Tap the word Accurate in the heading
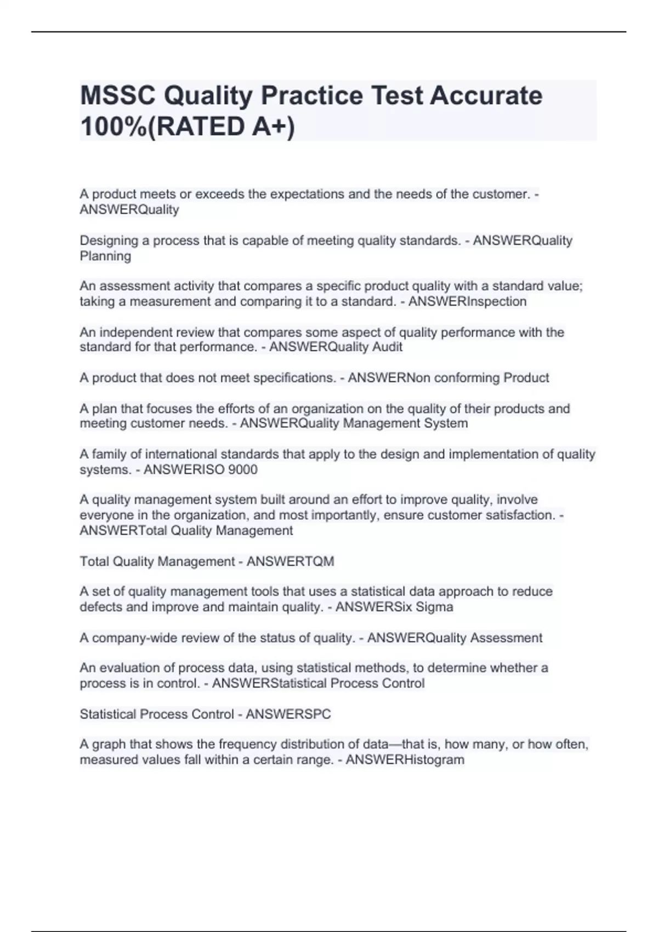click(x=486, y=96)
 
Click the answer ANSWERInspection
click(x=467, y=302)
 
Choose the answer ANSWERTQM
click(x=290, y=561)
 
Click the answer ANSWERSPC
click(x=288, y=714)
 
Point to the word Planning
click(x=105, y=256)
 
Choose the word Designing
click(x=107, y=241)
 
